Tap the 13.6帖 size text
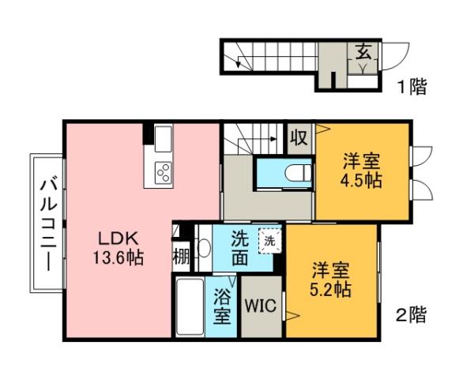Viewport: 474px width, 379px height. pos(118,257)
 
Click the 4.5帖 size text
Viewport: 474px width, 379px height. pos(363,180)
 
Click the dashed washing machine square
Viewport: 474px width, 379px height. pos(269,240)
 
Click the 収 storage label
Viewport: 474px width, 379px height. pos(298,138)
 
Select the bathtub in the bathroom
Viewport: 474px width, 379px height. pos(189,307)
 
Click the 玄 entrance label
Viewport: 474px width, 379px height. pos(365,54)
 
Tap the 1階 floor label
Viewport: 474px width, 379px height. pos(412,86)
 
